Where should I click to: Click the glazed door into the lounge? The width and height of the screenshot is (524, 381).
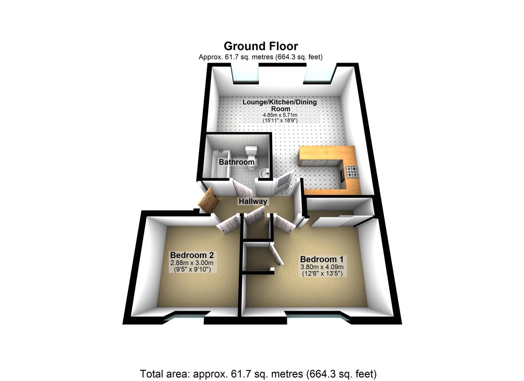point(285,181)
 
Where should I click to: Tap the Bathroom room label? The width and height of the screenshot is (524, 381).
point(236,162)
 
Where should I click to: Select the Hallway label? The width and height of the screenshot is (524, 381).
point(253,201)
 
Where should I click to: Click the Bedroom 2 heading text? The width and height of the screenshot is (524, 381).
point(192,255)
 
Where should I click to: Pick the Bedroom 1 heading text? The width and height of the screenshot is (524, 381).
point(321,259)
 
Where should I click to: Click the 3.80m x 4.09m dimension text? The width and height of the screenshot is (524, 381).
point(321,267)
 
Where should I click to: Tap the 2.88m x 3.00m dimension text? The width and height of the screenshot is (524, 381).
point(192,263)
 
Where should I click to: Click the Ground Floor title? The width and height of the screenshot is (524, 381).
point(261,46)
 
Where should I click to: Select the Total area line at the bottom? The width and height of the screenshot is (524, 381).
point(258,374)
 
